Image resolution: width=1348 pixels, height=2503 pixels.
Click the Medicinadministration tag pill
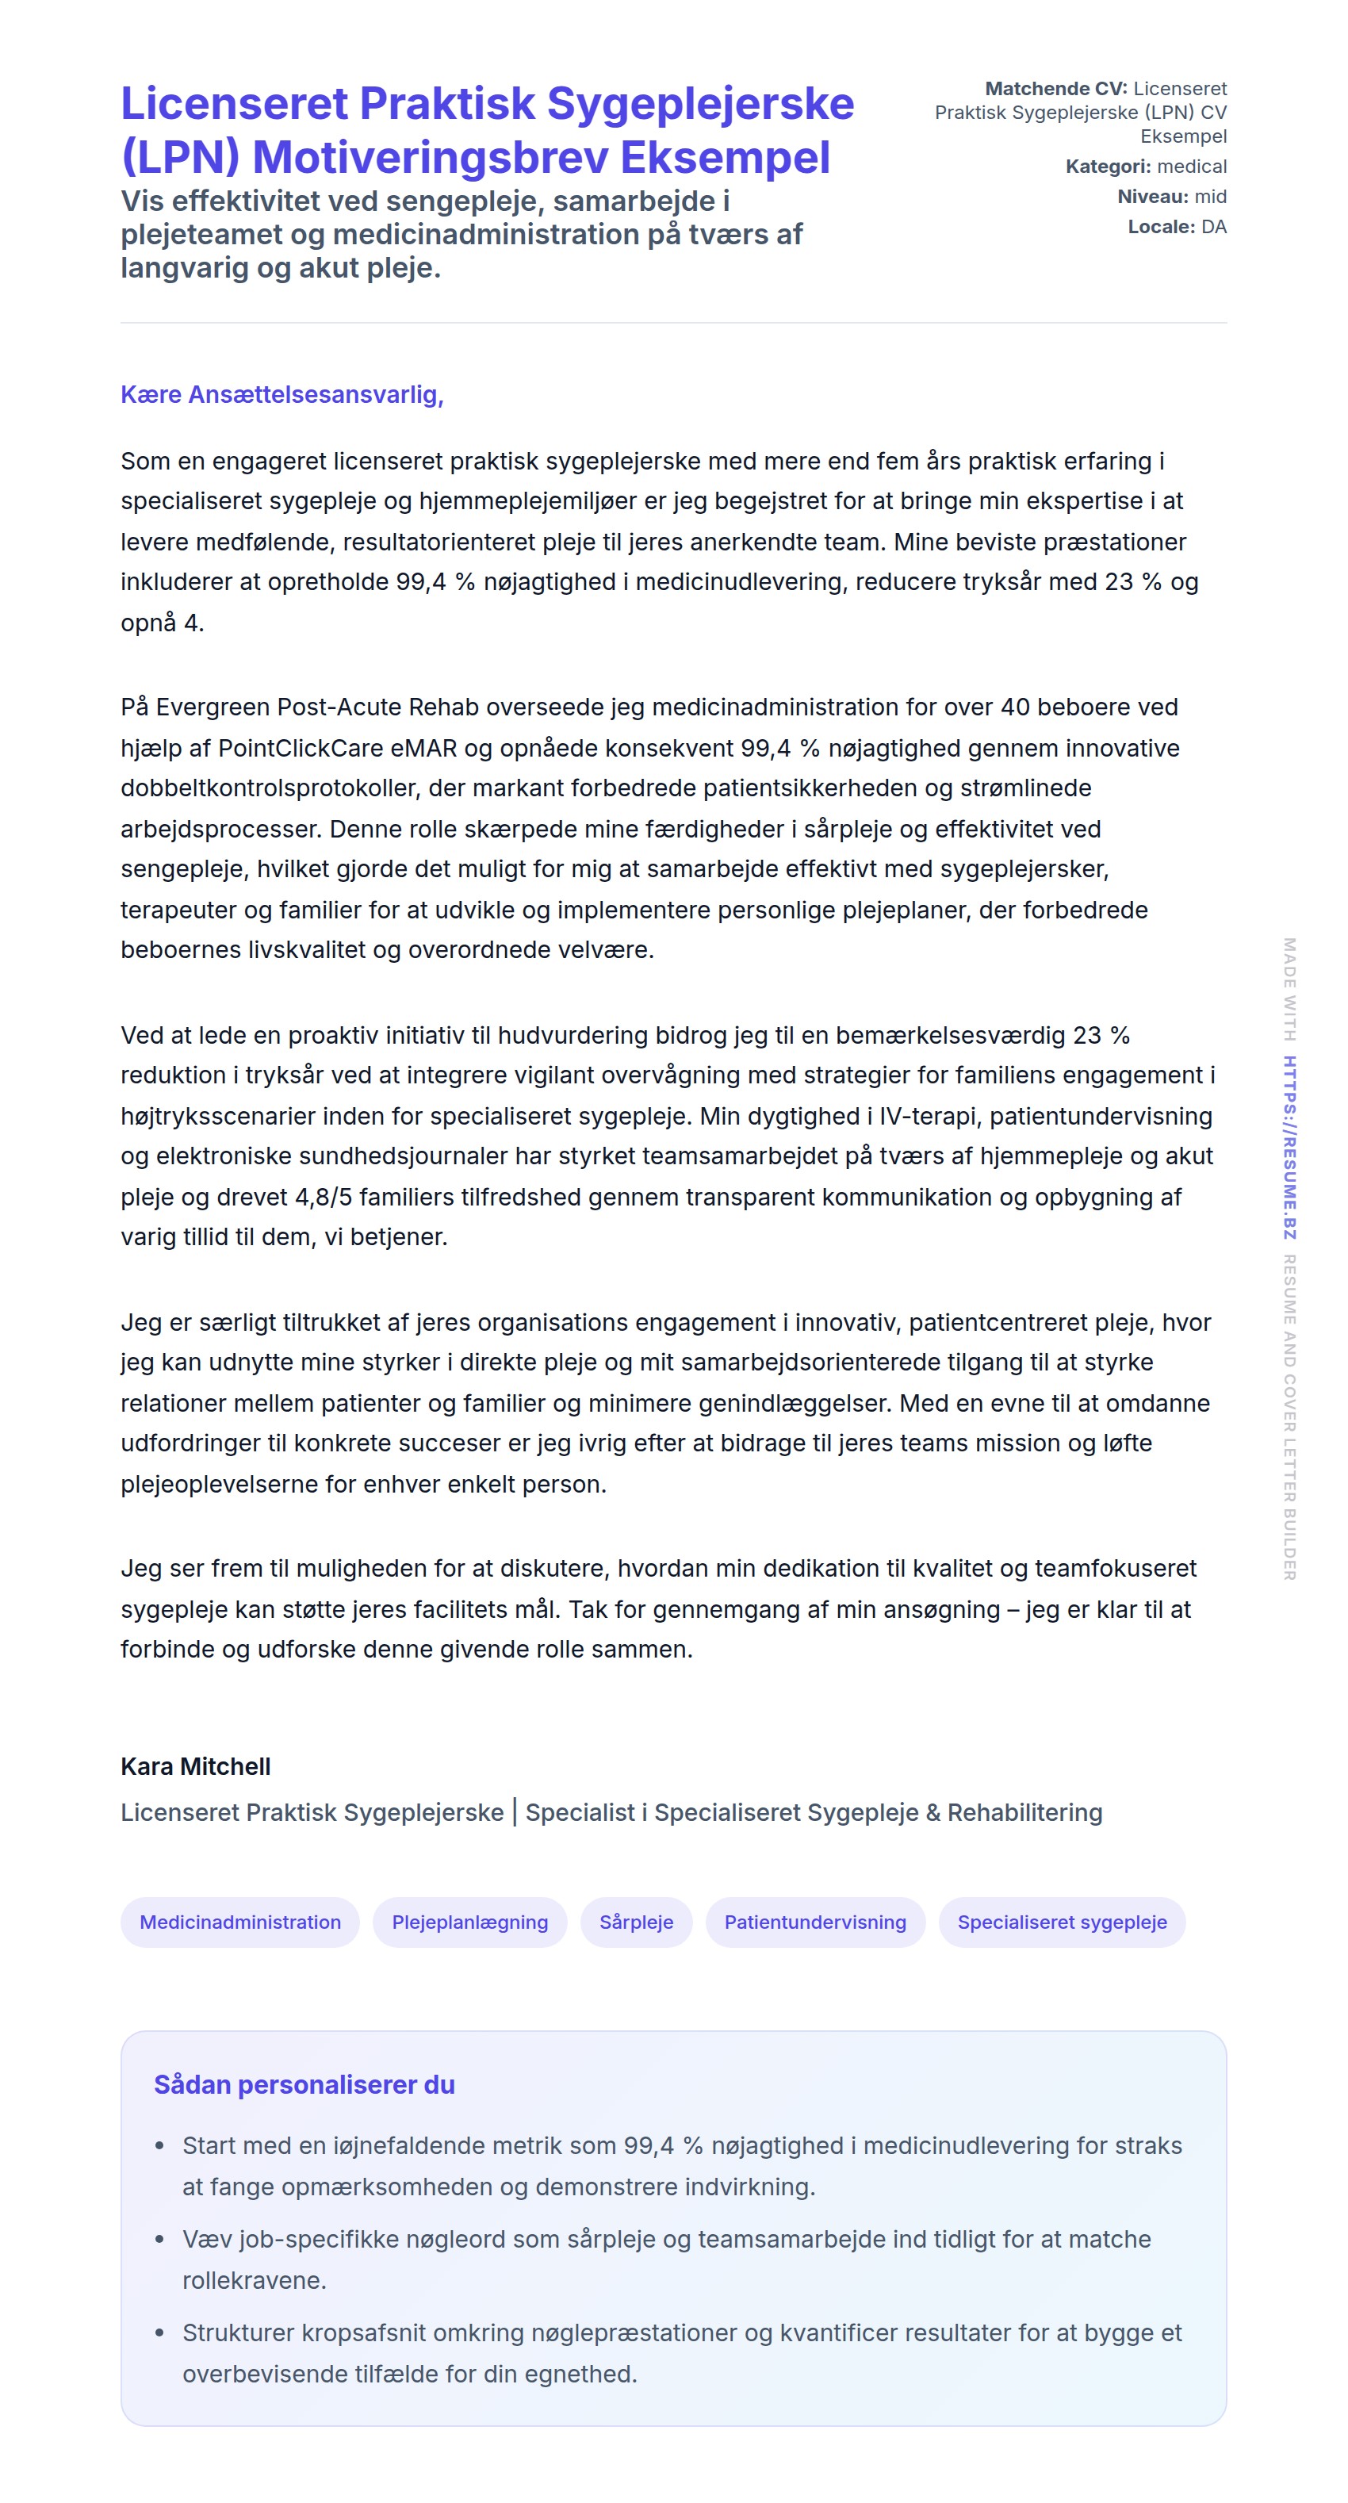(240, 1921)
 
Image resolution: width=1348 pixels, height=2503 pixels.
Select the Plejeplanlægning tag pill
(469, 1921)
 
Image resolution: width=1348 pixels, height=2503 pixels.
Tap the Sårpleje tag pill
(636, 1921)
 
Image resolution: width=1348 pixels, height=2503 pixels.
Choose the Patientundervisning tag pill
(815, 1921)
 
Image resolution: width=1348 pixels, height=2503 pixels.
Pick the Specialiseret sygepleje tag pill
(1062, 1921)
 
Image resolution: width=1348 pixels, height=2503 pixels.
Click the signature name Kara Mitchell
(195, 1765)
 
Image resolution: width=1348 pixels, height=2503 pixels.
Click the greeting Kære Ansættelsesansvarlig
(281, 394)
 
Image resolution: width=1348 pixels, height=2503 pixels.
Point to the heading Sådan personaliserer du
(304, 2084)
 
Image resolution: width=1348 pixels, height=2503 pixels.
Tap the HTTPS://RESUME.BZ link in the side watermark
(1289, 1147)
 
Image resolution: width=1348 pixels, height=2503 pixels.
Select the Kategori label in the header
(1107, 167)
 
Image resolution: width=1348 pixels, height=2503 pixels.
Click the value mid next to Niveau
(1210, 196)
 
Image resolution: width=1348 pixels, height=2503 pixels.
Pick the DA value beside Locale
(1213, 226)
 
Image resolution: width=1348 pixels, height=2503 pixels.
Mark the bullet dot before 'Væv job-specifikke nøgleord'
(160, 2239)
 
